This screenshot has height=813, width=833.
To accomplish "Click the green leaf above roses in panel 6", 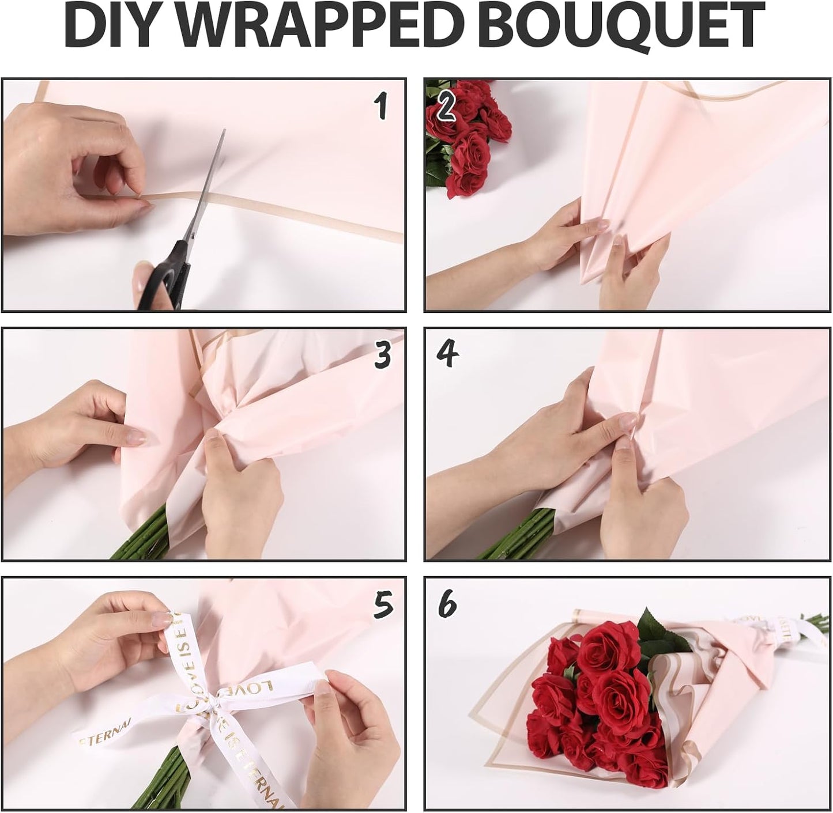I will click(654, 631).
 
